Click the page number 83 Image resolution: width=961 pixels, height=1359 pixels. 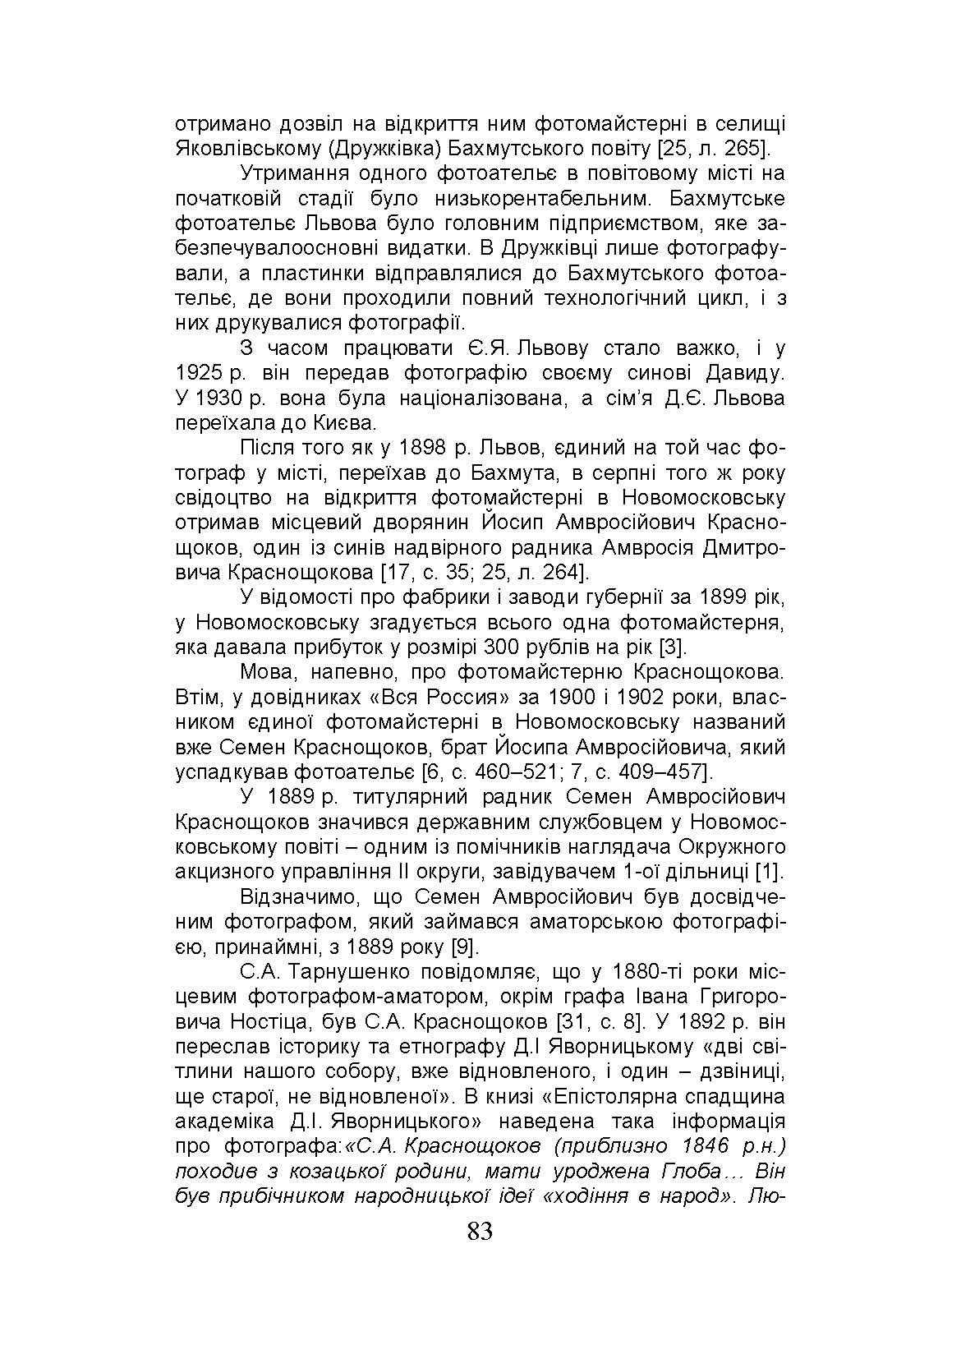(480, 1231)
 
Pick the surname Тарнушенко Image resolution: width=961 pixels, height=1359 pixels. (355, 972)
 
